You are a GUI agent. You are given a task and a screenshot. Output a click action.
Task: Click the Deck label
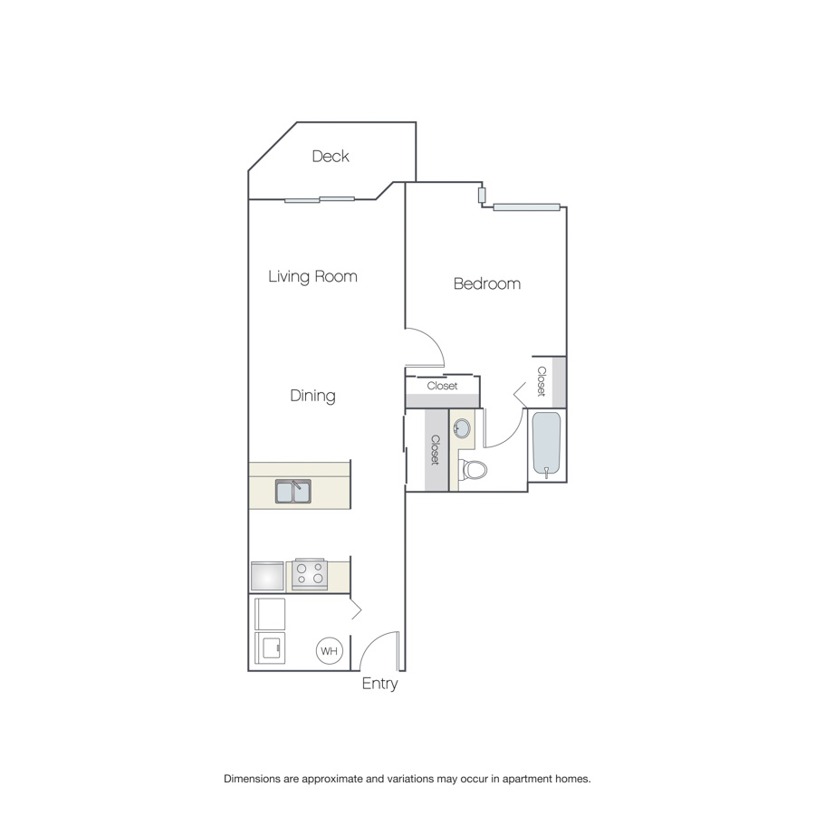click(331, 156)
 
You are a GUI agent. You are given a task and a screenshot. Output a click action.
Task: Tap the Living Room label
click(313, 276)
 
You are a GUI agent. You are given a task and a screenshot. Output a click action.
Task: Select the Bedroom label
click(487, 283)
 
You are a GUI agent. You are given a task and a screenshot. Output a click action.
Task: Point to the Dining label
click(313, 396)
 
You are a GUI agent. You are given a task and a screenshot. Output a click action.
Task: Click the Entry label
click(380, 684)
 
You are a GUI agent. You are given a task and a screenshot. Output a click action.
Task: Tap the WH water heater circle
click(330, 651)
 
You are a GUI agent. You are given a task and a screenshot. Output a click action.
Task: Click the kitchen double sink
click(293, 491)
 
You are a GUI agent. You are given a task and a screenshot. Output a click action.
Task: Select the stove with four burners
click(310, 574)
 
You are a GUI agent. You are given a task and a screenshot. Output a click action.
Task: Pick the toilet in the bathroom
click(473, 469)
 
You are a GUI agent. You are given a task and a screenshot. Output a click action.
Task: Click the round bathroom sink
click(462, 429)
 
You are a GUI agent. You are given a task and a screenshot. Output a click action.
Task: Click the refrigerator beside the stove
click(267, 576)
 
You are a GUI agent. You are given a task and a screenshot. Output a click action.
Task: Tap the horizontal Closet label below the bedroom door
click(442, 386)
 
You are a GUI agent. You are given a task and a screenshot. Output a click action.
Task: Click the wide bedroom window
click(526, 207)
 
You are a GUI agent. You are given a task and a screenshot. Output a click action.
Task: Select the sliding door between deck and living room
click(320, 199)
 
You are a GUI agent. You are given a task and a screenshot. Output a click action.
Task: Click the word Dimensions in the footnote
click(252, 779)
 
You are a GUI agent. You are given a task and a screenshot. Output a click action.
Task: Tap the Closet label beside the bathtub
click(542, 381)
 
